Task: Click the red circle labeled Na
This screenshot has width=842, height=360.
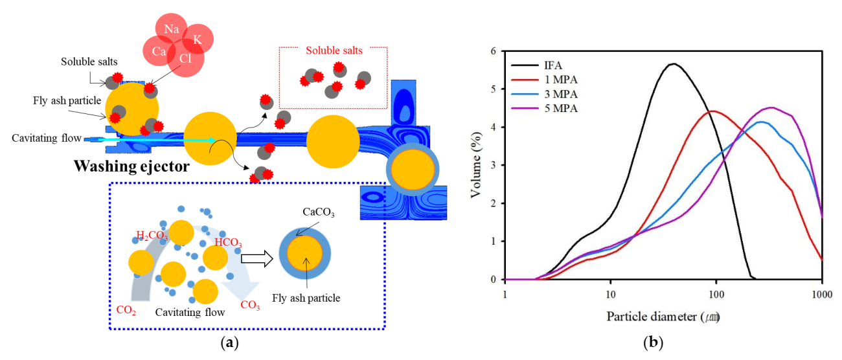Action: [x=171, y=29]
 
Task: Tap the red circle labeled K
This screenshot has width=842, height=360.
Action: [x=197, y=40]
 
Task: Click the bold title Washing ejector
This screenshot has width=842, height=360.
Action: [x=131, y=166]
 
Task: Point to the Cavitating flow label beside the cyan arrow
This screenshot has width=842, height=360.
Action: [x=45, y=138]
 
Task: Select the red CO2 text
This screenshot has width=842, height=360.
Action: [x=126, y=309]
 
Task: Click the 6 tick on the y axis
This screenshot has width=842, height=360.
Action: [x=494, y=51]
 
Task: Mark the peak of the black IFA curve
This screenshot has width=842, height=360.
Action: [x=674, y=63]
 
